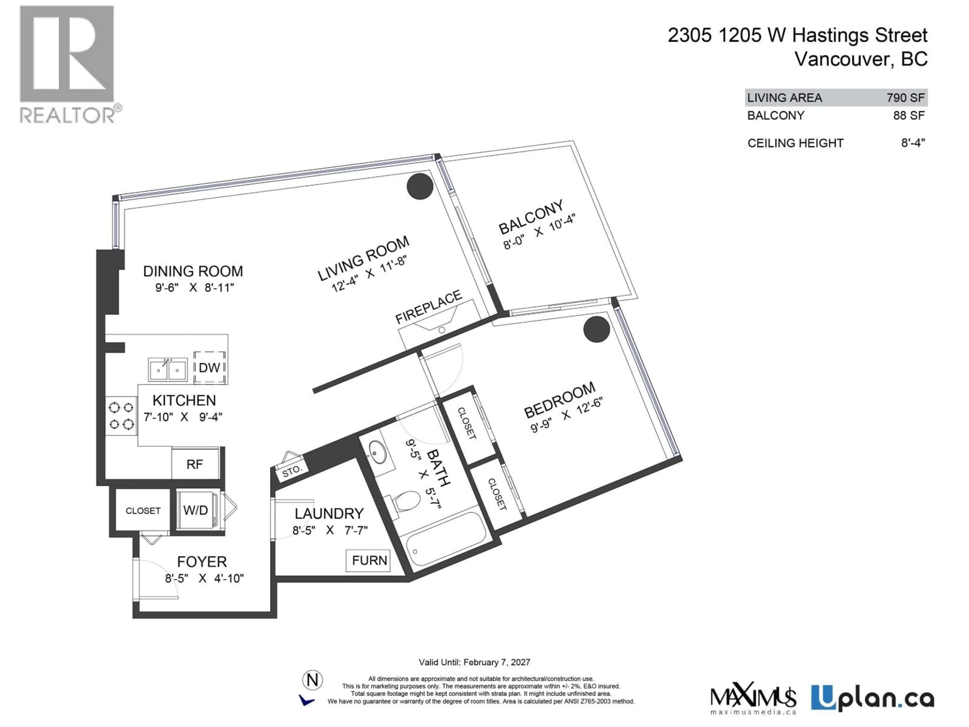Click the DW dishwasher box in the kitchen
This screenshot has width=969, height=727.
pyautogui.click(x=209, y=367)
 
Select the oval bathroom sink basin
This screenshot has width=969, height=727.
pyautogui.click(x=377, y=451)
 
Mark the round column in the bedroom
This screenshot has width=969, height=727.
pyautogui.click(x=596, y=329)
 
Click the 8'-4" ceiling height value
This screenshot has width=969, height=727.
pyautogui.click(x=912, y=143)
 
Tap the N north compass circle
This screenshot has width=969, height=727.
pyautogui.click(x=312, y=680)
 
